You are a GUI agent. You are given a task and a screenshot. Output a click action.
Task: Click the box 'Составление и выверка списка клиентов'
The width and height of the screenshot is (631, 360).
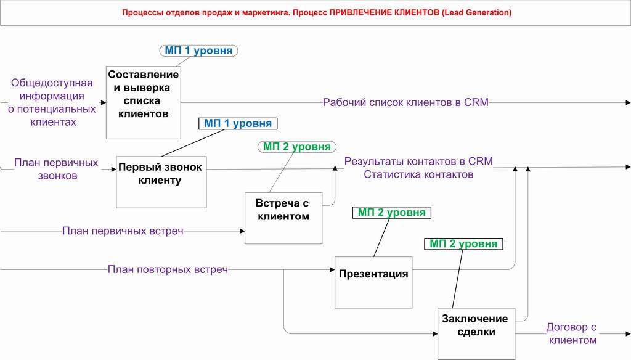click(x=143, y=103)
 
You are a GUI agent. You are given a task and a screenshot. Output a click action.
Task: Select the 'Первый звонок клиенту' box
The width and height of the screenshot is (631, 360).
click(x=161, y=182)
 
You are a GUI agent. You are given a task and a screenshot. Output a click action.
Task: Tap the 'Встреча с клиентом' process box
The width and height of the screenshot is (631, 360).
click(x=283, y=218)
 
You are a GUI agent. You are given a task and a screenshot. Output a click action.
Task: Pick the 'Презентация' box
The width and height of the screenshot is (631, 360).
click(x=373, y=282)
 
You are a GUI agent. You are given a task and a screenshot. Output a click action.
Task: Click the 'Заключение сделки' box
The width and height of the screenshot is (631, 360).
click(x=476, y=334)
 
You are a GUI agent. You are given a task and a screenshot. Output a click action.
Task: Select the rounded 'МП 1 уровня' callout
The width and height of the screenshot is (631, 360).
click(x=199, y=51)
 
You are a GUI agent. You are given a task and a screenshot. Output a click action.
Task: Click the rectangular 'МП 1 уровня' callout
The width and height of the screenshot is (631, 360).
click(x=238, y=123)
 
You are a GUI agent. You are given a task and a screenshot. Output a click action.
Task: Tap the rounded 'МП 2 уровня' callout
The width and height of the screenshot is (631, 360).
click(x=297, y=147)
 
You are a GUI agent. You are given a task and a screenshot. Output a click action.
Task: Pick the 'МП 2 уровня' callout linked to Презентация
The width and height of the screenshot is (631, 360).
click(x=391, y=212)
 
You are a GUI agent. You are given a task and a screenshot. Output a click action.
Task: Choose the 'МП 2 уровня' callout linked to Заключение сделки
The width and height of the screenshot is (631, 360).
click(x=463, y=243)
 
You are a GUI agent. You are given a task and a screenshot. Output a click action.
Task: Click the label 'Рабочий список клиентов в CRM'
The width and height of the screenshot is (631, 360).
click(x=405, y=102)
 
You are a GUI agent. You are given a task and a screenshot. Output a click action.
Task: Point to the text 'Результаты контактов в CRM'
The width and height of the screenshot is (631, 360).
click(x=418, y=161)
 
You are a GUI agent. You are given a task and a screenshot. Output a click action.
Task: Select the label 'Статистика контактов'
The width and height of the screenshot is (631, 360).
click(x=418, y=174)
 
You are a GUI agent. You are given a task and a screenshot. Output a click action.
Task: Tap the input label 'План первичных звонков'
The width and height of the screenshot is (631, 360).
click(x=56, y=169)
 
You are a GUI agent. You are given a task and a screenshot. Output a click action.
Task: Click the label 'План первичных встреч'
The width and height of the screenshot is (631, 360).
click(x=123, y=231)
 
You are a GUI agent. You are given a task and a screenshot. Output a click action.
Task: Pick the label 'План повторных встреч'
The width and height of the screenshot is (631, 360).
click(x=168, y=269)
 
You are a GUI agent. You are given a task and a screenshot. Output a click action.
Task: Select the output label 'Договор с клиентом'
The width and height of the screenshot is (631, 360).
click(x=571, y=334)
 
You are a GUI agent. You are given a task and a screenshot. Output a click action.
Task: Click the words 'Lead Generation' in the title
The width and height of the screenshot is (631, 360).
click(x=476, y=12)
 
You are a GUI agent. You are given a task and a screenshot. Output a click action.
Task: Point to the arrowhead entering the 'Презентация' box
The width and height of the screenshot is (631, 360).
click(x=332, y=270)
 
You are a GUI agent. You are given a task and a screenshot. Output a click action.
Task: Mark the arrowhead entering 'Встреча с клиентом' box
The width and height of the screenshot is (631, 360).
click(x=242, y=231)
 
